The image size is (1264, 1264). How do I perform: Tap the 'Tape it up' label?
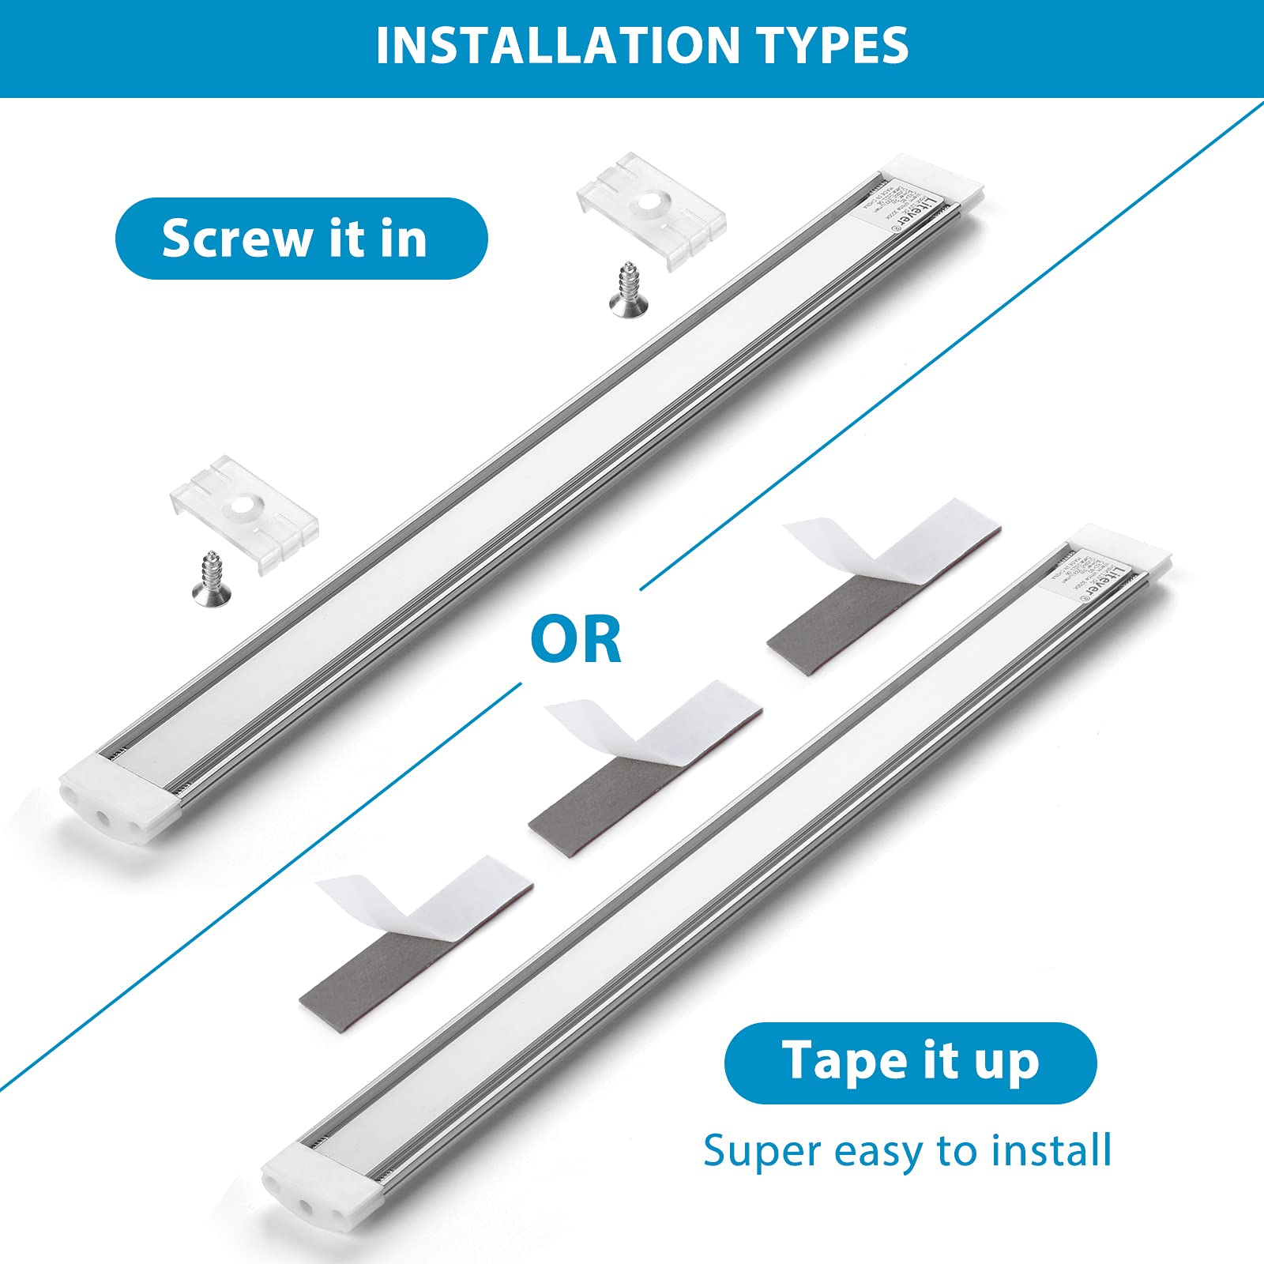point(910,1063)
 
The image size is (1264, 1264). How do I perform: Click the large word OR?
point(576,640)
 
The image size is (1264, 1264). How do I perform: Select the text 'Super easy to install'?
point(907,1150)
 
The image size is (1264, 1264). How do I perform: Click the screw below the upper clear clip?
point(628,292)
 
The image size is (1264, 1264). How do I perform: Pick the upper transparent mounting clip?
point(652,209)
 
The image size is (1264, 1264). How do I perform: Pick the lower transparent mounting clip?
point(244,513)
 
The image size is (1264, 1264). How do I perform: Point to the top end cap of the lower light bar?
point(1118,549)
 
